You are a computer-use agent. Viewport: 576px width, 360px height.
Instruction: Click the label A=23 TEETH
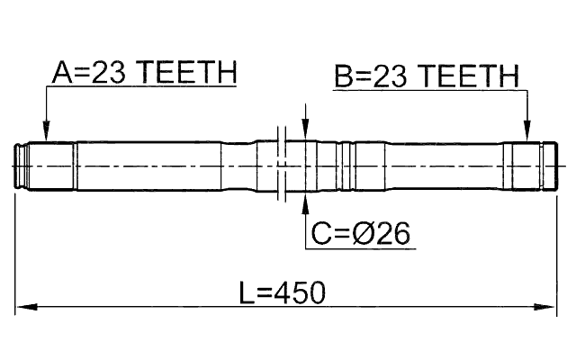tap(143, 73)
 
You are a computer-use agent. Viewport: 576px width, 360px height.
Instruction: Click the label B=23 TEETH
tap(427, 76)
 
